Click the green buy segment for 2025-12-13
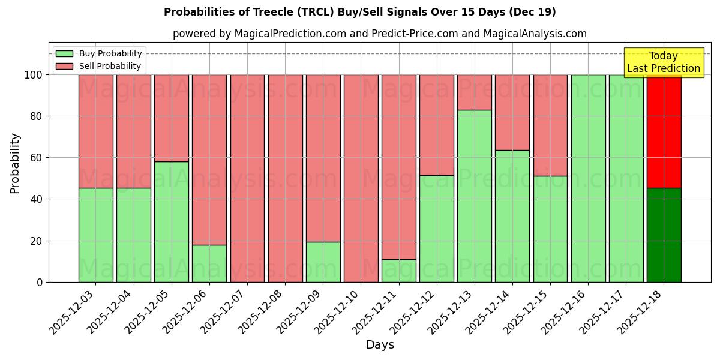(475, 196)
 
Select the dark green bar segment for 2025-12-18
(664, 235)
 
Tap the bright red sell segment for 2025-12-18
(664, 131)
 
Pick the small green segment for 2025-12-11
(399, 271)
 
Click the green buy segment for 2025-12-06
(209, 263)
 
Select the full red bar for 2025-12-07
(247, 178)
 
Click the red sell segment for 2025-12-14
(512, 112)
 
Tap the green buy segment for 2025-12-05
(172, 221)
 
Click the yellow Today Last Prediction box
(664, 62)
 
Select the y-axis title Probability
(15, 163)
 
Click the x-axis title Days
(380, 345)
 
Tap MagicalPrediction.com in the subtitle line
(290, 34)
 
